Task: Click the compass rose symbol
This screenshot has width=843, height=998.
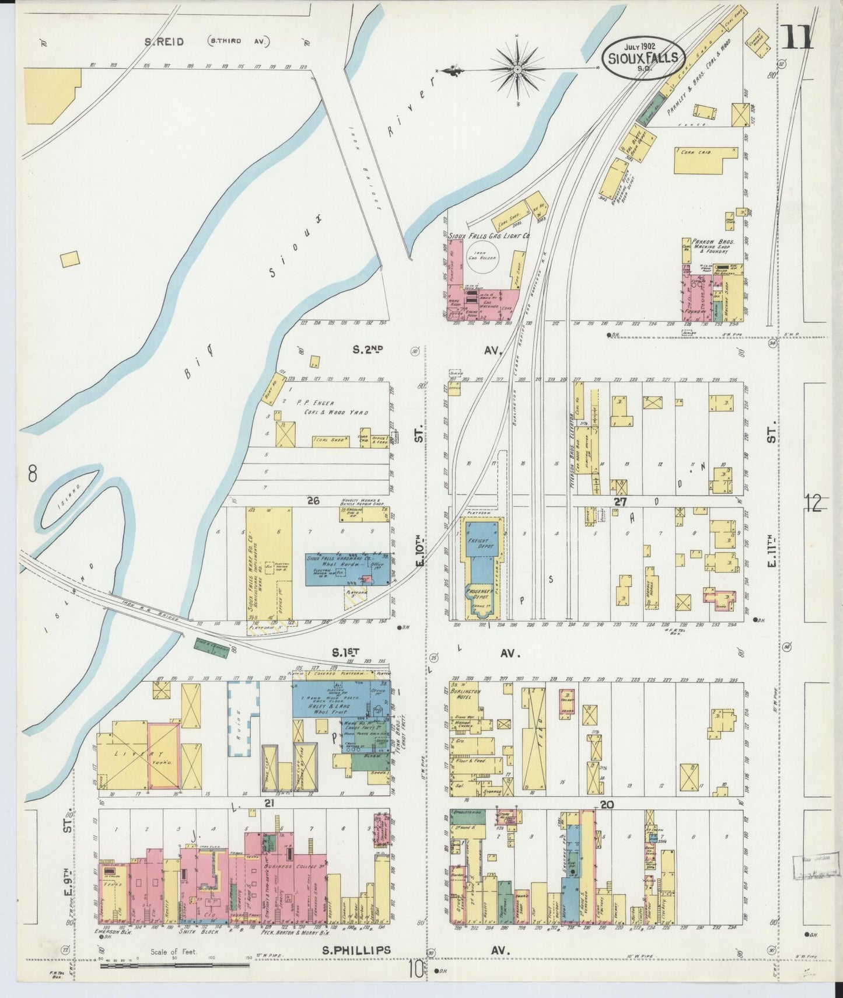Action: tap(517, 70)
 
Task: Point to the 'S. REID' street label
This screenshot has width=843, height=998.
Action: tap(165, 42)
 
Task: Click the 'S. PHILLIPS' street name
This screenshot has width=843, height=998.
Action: tap(356, 950)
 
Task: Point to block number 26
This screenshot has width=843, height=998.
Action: tap(314, 501)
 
